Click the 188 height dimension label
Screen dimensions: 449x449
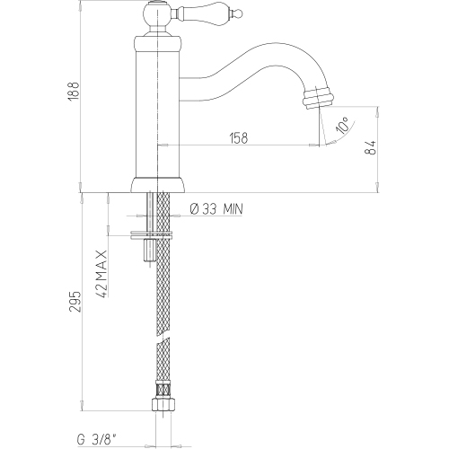74,91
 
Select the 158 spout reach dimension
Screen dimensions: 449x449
239,138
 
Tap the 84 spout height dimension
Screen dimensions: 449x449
371,147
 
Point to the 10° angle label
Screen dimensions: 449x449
342,125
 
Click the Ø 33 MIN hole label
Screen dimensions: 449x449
216,209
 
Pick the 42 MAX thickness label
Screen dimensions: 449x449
102,274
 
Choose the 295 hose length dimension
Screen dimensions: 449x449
75,301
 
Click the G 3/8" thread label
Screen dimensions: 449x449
96,440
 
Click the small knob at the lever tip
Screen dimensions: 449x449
238,13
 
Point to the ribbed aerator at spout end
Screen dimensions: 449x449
318,97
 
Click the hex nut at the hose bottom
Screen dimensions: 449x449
163,404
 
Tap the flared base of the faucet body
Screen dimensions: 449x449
157,185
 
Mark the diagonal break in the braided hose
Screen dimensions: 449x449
163,339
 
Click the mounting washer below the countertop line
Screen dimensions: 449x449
152,235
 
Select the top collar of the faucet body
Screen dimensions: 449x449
157,43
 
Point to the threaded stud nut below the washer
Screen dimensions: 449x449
149,250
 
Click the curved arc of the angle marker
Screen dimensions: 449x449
342,135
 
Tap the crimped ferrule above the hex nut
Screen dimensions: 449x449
163,389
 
